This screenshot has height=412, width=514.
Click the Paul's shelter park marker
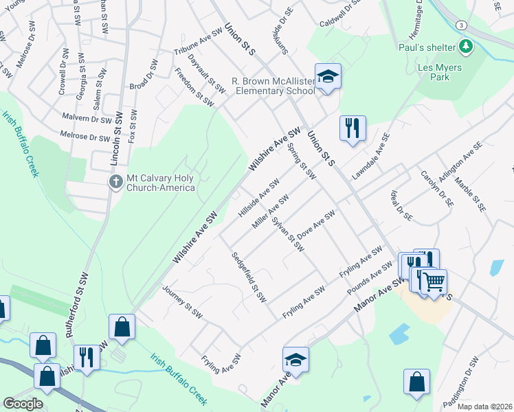[467, 47]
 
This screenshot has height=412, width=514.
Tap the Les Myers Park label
[440, 72]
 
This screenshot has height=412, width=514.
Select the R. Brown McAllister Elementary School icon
[328, 76]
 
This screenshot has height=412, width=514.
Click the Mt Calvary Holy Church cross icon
[115, 181]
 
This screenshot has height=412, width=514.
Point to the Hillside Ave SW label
[258, 198]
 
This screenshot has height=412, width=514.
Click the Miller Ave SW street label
[270, 211]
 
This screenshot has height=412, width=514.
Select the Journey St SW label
[181, 302]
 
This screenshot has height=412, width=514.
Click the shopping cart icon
[434, 281]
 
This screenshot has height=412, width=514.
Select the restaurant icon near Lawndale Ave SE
[353, 128]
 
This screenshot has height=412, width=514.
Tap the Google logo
[23, 404]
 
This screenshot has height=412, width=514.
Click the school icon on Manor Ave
[295, 360]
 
